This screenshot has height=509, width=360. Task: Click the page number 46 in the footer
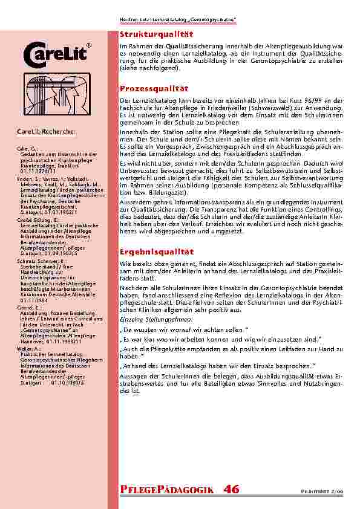pyautogui.click(x=231, y=489)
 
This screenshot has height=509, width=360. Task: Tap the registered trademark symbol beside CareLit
pyautogui.click(x=89, y=45)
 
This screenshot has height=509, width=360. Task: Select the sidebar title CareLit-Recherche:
pyautogui.click(x=45, y=131)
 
